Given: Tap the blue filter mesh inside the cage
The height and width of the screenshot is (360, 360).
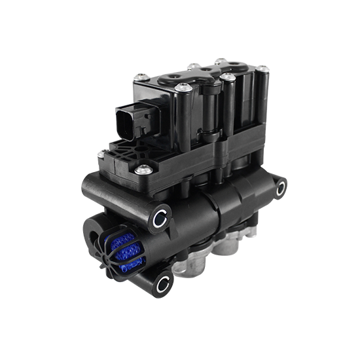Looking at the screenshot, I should pos(130,253).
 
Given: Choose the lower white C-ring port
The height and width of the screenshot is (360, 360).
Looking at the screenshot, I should pos(162,283).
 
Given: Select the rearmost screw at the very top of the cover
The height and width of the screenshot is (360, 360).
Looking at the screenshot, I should pos(194,65).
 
